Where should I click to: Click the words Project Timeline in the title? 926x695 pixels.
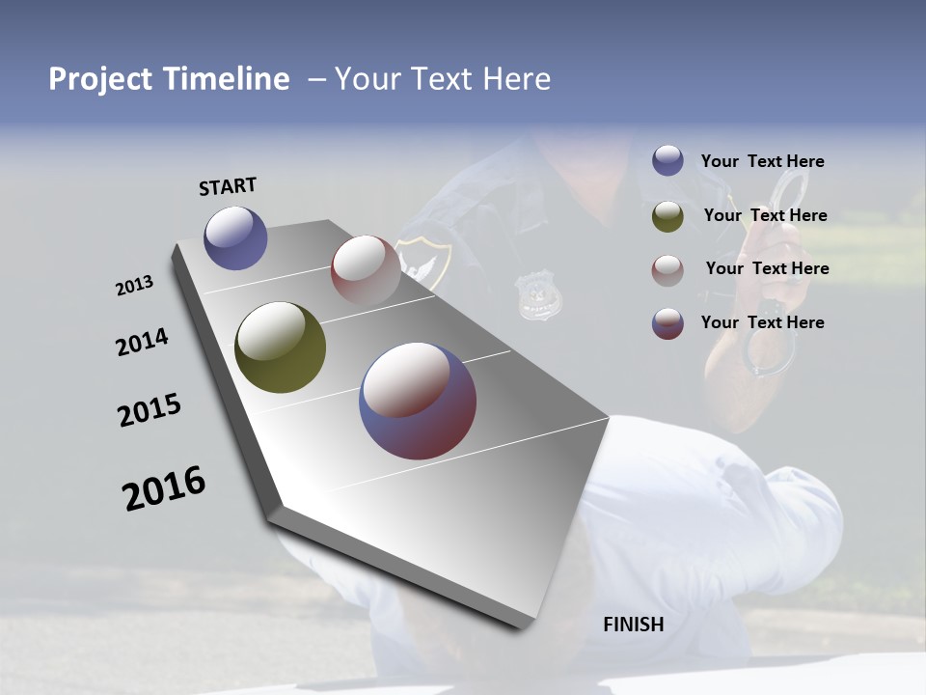click(169, 79)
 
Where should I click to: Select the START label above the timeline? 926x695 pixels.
click(228, 186)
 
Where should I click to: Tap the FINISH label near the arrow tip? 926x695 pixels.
click(633, 625)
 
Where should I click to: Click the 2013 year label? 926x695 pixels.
click(135, 286)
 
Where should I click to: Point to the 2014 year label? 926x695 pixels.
click(142, 342)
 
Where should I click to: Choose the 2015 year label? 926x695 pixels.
click(150, 410)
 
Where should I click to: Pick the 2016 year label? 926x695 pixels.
click(164, 487)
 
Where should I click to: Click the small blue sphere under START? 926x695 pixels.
click(235, 237)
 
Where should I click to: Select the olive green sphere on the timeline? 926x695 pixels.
click(280, 347)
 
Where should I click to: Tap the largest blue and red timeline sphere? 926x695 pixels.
click(418, 401)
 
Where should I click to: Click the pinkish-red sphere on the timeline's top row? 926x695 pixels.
click(366, 268)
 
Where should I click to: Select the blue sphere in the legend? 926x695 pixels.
click(667, 161)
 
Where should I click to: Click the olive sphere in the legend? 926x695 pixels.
click(667, 216)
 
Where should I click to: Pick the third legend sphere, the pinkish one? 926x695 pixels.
click(667, 270)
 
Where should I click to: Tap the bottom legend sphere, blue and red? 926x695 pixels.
click(667, 323)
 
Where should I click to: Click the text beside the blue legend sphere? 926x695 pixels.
click(762, 161)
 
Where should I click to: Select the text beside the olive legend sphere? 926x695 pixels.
click(765, 215)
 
